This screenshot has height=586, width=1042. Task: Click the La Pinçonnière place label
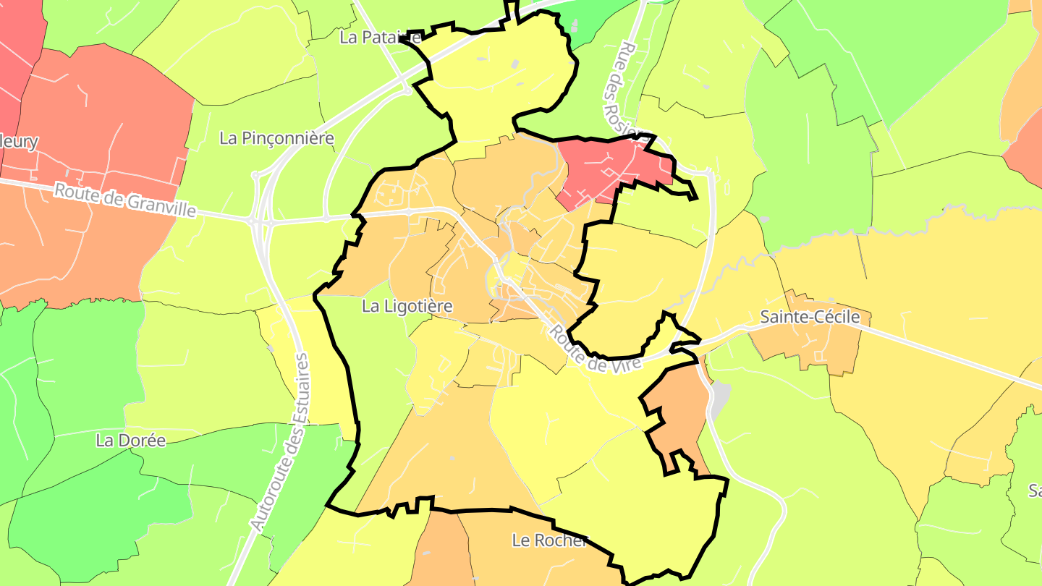point(276,138)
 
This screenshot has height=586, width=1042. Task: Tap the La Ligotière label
point(407,307)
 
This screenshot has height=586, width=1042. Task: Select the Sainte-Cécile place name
point(810,317)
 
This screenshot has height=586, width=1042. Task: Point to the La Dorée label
point(130,440)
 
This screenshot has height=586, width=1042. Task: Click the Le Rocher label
point(549,540)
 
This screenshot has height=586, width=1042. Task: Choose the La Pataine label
point(380,38)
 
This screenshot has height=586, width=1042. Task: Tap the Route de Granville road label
point(125,200)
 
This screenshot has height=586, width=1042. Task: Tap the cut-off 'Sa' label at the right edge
point(1035,491)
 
